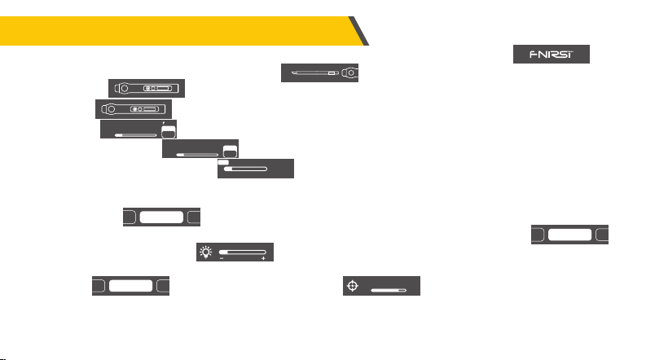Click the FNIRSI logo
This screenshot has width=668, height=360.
552,55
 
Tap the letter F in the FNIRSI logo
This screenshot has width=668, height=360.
534,55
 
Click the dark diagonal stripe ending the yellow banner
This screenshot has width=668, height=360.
358,31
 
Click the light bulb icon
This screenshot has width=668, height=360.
206,252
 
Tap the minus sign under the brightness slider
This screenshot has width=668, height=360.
222,259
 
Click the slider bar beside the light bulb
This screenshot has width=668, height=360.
243,252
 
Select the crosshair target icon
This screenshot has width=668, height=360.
352,285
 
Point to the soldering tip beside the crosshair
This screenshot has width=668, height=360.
389,290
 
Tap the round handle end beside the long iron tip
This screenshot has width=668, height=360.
349,72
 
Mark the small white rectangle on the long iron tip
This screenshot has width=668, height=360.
332,73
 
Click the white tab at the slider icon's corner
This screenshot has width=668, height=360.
223,162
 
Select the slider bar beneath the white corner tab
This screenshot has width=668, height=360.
246,169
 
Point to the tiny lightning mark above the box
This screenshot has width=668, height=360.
164,123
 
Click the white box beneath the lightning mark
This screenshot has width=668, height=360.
169,132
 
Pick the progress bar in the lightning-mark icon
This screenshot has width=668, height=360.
136,135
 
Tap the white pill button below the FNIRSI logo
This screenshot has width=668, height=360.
569,235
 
